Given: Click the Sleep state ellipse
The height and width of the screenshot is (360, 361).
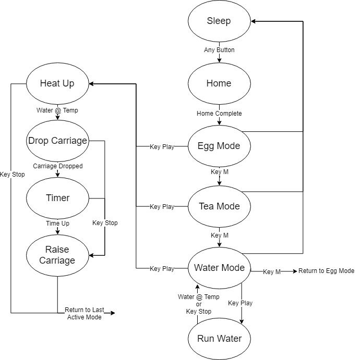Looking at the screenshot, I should tap(219, 21).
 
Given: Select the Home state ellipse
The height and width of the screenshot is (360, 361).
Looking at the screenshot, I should tap(219, 83).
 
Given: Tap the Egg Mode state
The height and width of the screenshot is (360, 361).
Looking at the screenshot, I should tap(219, 146).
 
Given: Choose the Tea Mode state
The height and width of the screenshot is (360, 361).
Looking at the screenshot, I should tap(219, 206).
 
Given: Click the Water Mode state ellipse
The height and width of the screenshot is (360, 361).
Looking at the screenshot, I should tap(219, 268).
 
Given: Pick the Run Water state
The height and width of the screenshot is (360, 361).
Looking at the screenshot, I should tap(219, 339).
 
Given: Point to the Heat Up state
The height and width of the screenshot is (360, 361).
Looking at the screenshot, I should tap(57, 83).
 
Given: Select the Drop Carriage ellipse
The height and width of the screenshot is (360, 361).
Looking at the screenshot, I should tap(57, 141).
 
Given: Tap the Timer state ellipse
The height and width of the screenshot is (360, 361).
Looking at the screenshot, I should tap(57, 198).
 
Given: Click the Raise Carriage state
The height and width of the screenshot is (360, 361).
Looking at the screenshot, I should tap(57, 256).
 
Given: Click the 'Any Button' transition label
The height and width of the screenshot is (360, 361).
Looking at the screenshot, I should tap(219, 50).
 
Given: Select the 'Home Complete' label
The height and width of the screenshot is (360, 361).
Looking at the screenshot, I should tap(219, 113).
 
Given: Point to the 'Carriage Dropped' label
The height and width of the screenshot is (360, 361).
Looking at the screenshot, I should tap(57, 166).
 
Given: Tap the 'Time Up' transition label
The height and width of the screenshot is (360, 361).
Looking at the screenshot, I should tap(57, 223).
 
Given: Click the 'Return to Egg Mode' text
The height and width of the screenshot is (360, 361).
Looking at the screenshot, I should tap(326, 271).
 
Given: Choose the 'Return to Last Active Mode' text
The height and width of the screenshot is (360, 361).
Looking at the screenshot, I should tap(84, 313).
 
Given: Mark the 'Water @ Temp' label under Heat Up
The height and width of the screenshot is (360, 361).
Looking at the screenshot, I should tap(57, 110).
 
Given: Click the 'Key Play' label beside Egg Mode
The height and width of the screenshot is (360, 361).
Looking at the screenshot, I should tap(162, 146).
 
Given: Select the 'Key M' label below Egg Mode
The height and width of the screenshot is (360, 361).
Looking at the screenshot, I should tap(219, 171).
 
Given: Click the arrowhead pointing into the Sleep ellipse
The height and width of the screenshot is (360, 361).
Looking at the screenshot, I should tap(254, 21).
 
